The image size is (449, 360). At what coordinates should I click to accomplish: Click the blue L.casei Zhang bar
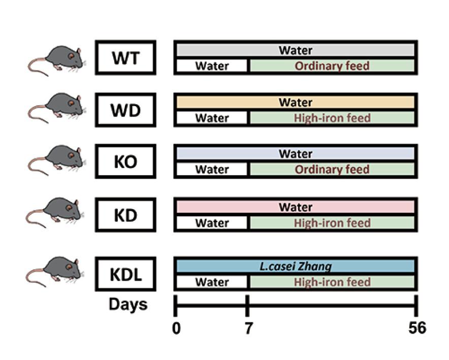pos(296,267)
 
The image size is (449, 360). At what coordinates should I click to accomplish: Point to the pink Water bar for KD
pos(296,207)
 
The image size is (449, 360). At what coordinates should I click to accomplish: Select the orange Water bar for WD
pos(296,102)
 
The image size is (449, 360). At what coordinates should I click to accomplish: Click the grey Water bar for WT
pos(296,50)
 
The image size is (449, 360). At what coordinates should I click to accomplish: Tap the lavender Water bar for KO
pos(296,154)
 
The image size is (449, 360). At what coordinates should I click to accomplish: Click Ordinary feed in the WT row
pos(332,66)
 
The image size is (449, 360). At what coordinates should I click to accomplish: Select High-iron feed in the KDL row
pos(332,282)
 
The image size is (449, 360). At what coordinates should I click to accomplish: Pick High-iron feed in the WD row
pos(332,118)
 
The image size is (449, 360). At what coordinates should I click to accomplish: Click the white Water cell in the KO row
pos(212,170)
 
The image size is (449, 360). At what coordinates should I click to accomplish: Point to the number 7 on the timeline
pos(248,328)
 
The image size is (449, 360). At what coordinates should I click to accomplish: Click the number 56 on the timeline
pos(417,328)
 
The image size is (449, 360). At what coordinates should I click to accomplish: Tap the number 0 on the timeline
pos(176,328)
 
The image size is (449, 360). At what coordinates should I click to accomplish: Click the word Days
pos(128,305)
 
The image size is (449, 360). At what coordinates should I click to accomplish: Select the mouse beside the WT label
pos(56,60)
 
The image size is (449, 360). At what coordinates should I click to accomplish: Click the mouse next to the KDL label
pos(55,271)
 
